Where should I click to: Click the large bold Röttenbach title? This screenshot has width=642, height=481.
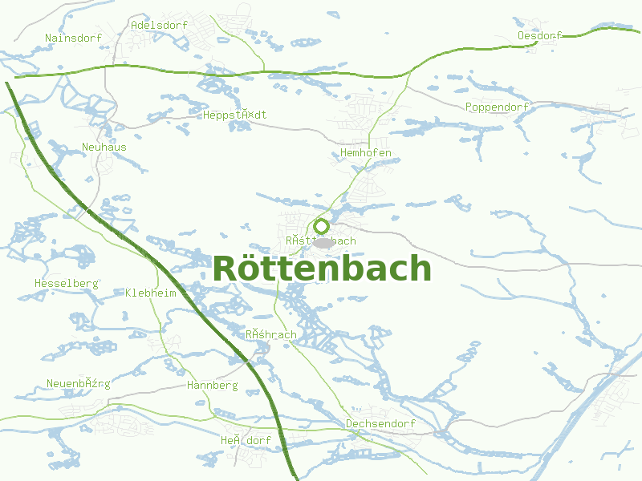coord(322,269)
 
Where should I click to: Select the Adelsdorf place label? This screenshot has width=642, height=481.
coord(159,25)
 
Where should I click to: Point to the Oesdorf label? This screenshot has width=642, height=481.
coord(539,35)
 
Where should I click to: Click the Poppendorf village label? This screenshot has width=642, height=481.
coord(497,107)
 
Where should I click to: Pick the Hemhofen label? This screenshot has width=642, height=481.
coord(366,152)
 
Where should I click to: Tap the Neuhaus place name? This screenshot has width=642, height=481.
coord(104,147)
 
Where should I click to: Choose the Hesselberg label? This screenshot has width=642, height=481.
coord(66,283)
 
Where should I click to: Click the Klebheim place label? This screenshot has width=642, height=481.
coord(151,293)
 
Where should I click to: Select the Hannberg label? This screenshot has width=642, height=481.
coord(212,385)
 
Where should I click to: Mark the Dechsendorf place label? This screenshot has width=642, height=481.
coord(380,423)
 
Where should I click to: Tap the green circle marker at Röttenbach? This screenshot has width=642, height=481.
coord(322,227)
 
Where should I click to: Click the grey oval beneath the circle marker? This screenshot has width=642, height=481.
coord(323,242)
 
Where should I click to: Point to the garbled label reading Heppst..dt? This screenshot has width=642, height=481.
coord(234,115)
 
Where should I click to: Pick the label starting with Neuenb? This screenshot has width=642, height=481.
coord(78,383)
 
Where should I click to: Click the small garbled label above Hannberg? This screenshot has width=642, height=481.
coord(271,334)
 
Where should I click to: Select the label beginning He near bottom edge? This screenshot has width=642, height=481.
coord(246,440)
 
